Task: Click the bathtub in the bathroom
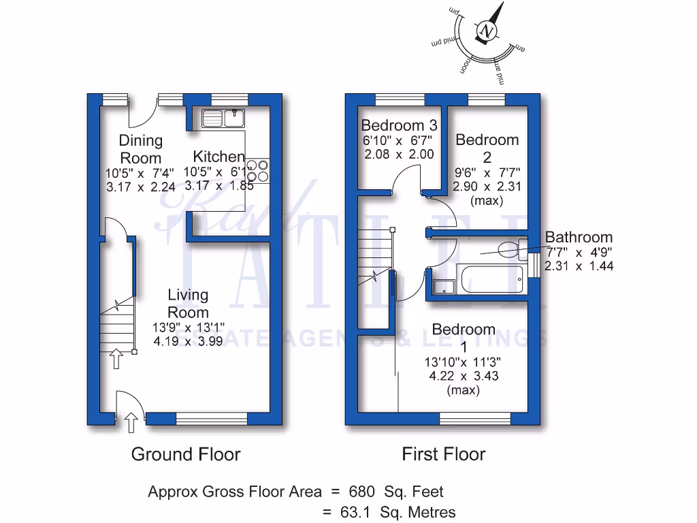(491, 280)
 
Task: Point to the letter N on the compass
(486, 31)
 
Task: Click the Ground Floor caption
(186, 454)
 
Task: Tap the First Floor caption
(444, 454)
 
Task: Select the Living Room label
(188, 304)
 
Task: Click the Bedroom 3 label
(399, 125)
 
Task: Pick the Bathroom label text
(579, 238)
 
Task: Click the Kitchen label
(218, 156)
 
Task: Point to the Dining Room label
(141, 149)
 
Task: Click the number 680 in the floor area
(361, 491)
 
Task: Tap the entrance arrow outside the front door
(131, 423)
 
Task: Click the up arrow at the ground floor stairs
(116, 358)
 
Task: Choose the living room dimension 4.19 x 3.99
(188, 342)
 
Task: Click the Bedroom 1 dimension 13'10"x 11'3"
(464, 361)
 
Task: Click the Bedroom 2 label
(487, 148)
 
